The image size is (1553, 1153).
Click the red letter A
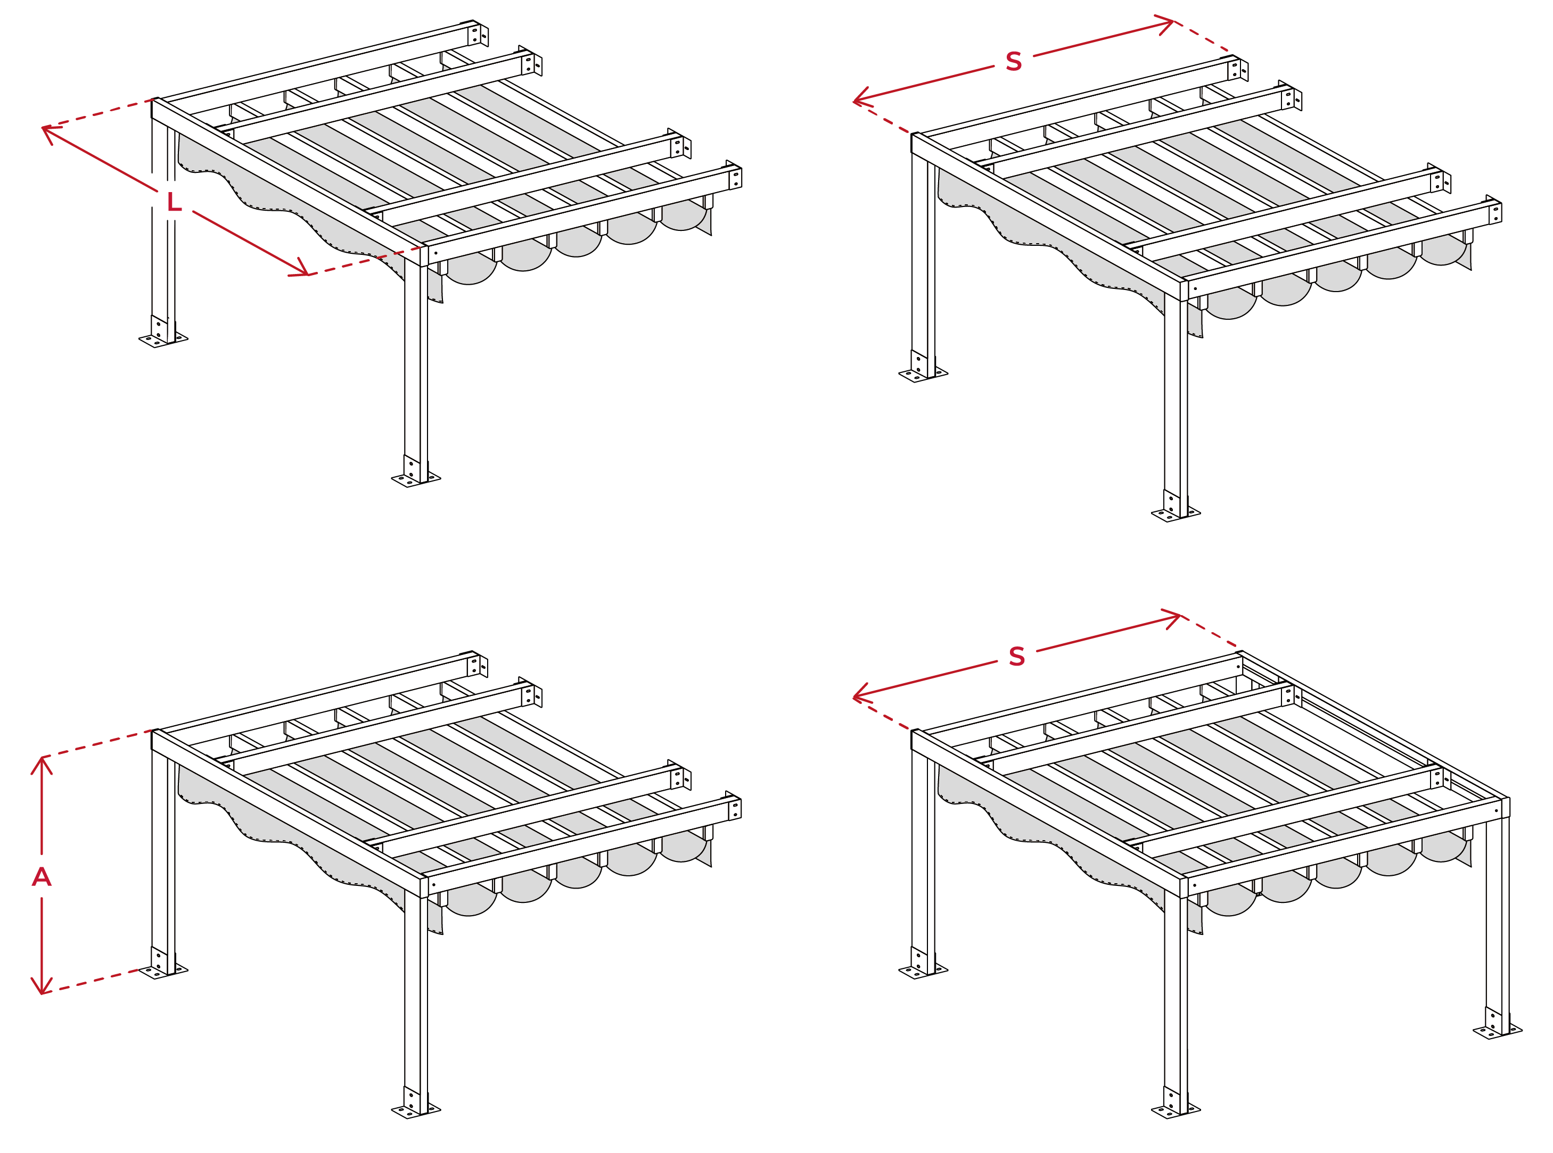(x=42, y=877)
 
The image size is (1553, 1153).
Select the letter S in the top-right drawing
(x=1014, y=61)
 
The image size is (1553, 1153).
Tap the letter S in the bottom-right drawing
(x=1017, y=656)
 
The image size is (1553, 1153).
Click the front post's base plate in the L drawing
(x=415, y=478)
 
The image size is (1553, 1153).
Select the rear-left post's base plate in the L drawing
(x=163, y=340)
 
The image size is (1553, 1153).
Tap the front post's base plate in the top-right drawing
(x=1176, y=513)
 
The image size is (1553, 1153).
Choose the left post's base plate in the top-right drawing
(x=923, y=375)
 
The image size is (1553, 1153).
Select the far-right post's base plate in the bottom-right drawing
(x=1498, y=1030)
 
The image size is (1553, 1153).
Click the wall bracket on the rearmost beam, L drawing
(x=478, y=35)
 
